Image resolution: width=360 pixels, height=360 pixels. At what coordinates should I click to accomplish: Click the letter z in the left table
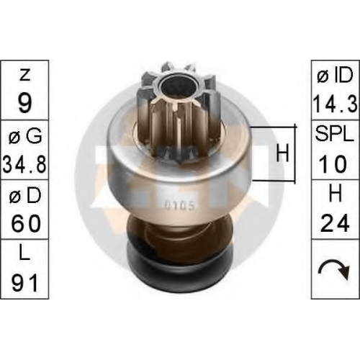25,75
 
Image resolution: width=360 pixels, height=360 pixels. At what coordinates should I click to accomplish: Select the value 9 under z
24,103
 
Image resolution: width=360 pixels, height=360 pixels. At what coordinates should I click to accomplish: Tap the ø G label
25,136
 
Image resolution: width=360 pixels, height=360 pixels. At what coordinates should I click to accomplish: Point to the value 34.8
24,163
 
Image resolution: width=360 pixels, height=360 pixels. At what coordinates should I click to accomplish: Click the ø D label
25,196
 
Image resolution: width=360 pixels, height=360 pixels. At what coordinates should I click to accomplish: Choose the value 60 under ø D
25,223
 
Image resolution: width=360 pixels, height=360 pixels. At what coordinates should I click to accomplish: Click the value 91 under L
24,283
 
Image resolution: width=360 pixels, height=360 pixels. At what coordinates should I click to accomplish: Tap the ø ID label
335,75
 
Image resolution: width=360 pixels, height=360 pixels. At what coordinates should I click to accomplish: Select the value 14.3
335,103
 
